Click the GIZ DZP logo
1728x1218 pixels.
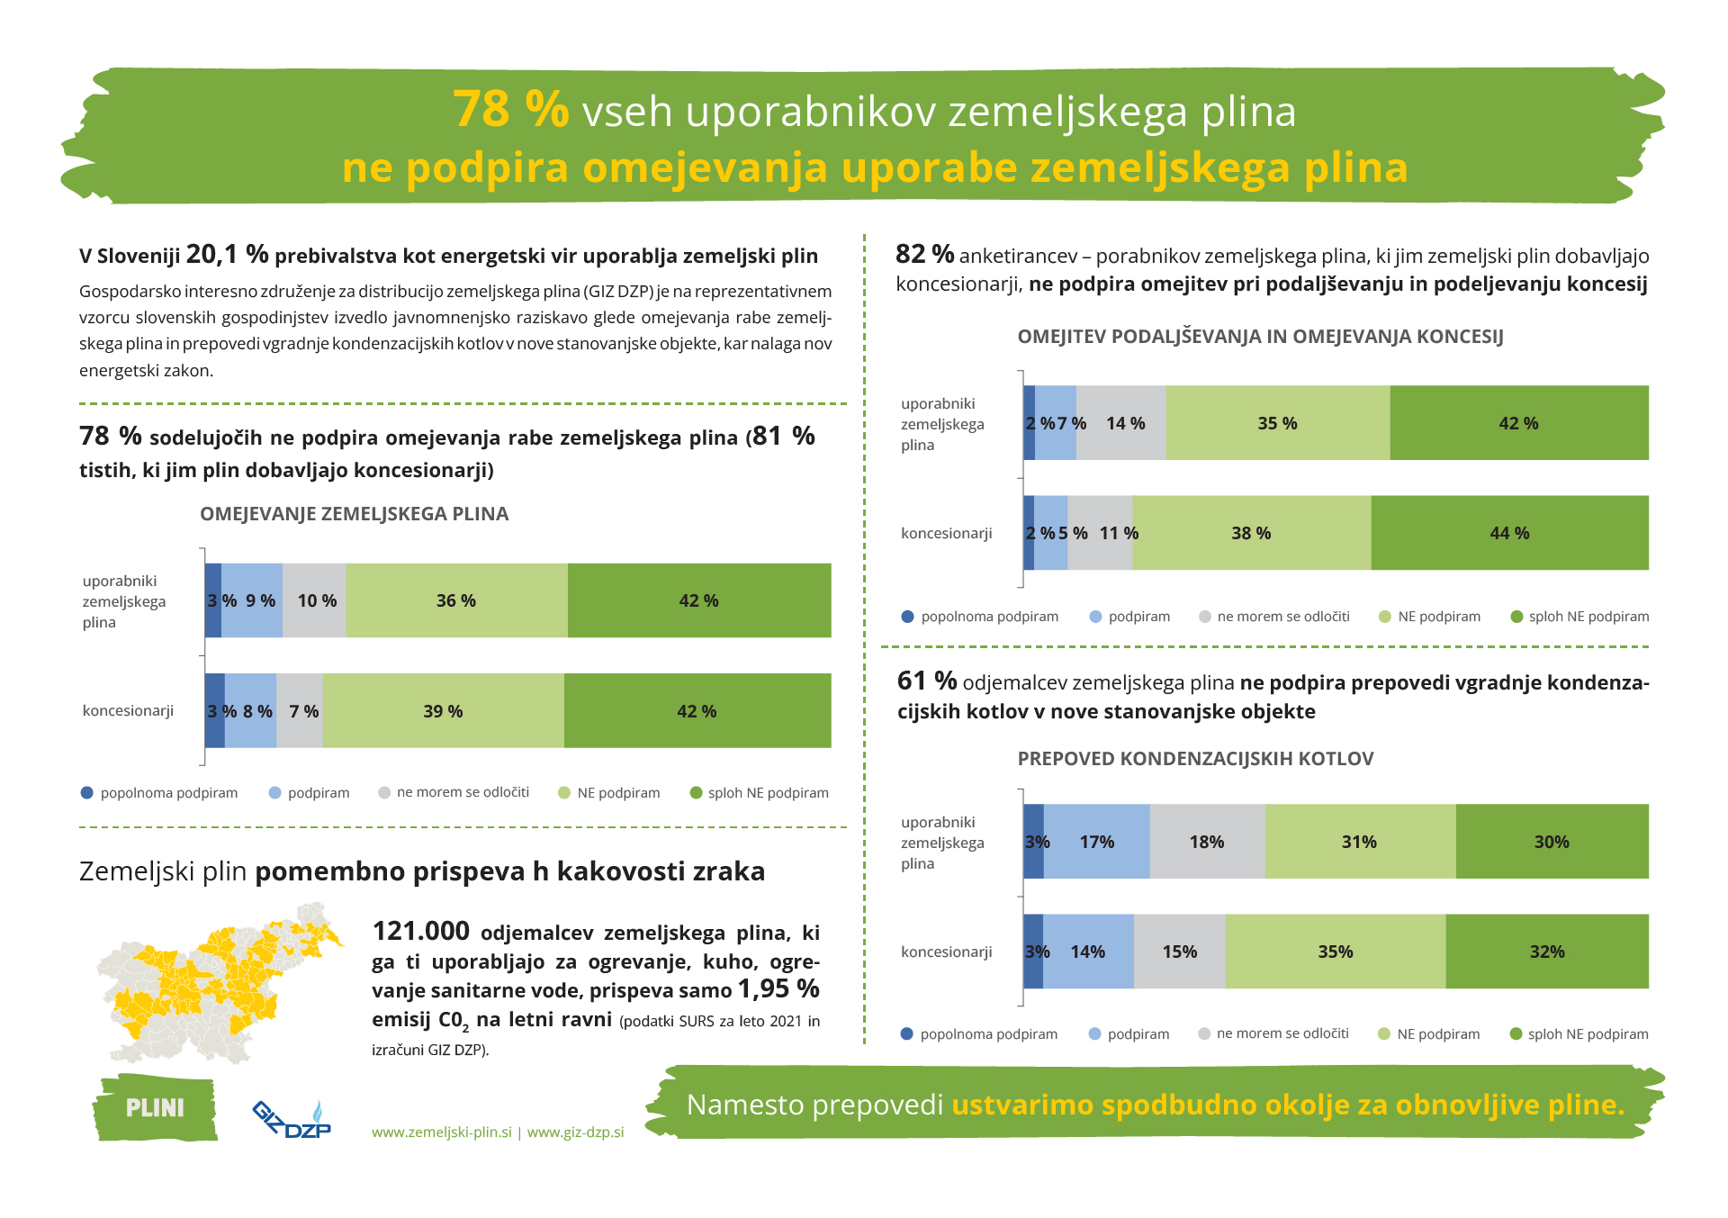(292, 1118)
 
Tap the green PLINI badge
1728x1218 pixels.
(155, 1107)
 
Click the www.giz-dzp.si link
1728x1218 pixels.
(575, 1132)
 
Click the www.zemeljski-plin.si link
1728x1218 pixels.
(442, 1132)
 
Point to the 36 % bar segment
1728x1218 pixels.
(456, 600)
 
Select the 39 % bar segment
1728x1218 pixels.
(443, 711)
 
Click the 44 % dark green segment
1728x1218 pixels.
(1509, 533)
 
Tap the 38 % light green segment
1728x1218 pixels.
(1251, 533)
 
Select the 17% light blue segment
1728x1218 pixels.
(1096, 842)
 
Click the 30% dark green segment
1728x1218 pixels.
(1552, 842)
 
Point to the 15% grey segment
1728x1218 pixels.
(1179, 952)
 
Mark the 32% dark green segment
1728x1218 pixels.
(1547, 952)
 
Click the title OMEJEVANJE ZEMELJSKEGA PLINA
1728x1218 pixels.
(354, 514)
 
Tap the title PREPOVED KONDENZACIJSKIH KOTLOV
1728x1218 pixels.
(1195, 759)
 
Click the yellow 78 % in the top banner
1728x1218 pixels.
(510, 110)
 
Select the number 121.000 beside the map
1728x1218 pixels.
(421, 931)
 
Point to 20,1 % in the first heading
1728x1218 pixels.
(227, 255)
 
